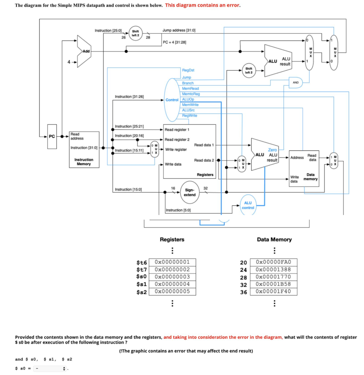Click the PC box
pos(52,137)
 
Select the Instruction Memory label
pos(84,162)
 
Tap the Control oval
pos(172,100)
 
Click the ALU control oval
pos(248,205)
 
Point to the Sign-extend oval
pos(190,192)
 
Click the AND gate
pos(295,82)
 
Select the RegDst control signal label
pos(188,70)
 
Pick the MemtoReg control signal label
pos(191,94)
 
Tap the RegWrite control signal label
pos(190,115)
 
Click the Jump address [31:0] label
pos(179,30)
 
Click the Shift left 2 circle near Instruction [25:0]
pos(135,33)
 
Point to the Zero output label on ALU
pos(272,150)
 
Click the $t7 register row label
pos(141,270)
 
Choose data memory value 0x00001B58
pos(273,284)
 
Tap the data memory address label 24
pos(243,270)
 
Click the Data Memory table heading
pos(274,240)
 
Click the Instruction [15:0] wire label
pos(128,189)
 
